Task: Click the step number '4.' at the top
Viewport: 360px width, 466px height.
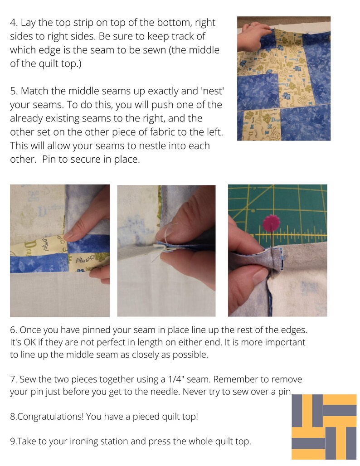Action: coord(14,23)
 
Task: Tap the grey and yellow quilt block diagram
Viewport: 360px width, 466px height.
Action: coord(324,427)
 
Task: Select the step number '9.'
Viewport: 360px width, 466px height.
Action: coord(14,441)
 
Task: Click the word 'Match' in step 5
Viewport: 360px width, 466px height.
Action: coord(35,91)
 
